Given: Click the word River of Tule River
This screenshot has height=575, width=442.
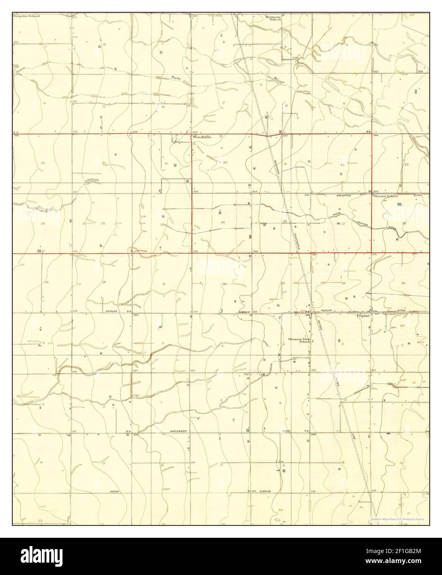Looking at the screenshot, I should [x=279, y=80].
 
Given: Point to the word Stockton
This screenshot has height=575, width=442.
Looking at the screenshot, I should [x=344, y=195].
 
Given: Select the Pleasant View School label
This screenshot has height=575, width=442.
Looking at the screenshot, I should [x=299, y=340].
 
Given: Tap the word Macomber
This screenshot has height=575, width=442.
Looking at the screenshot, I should [x=179, y=431].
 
